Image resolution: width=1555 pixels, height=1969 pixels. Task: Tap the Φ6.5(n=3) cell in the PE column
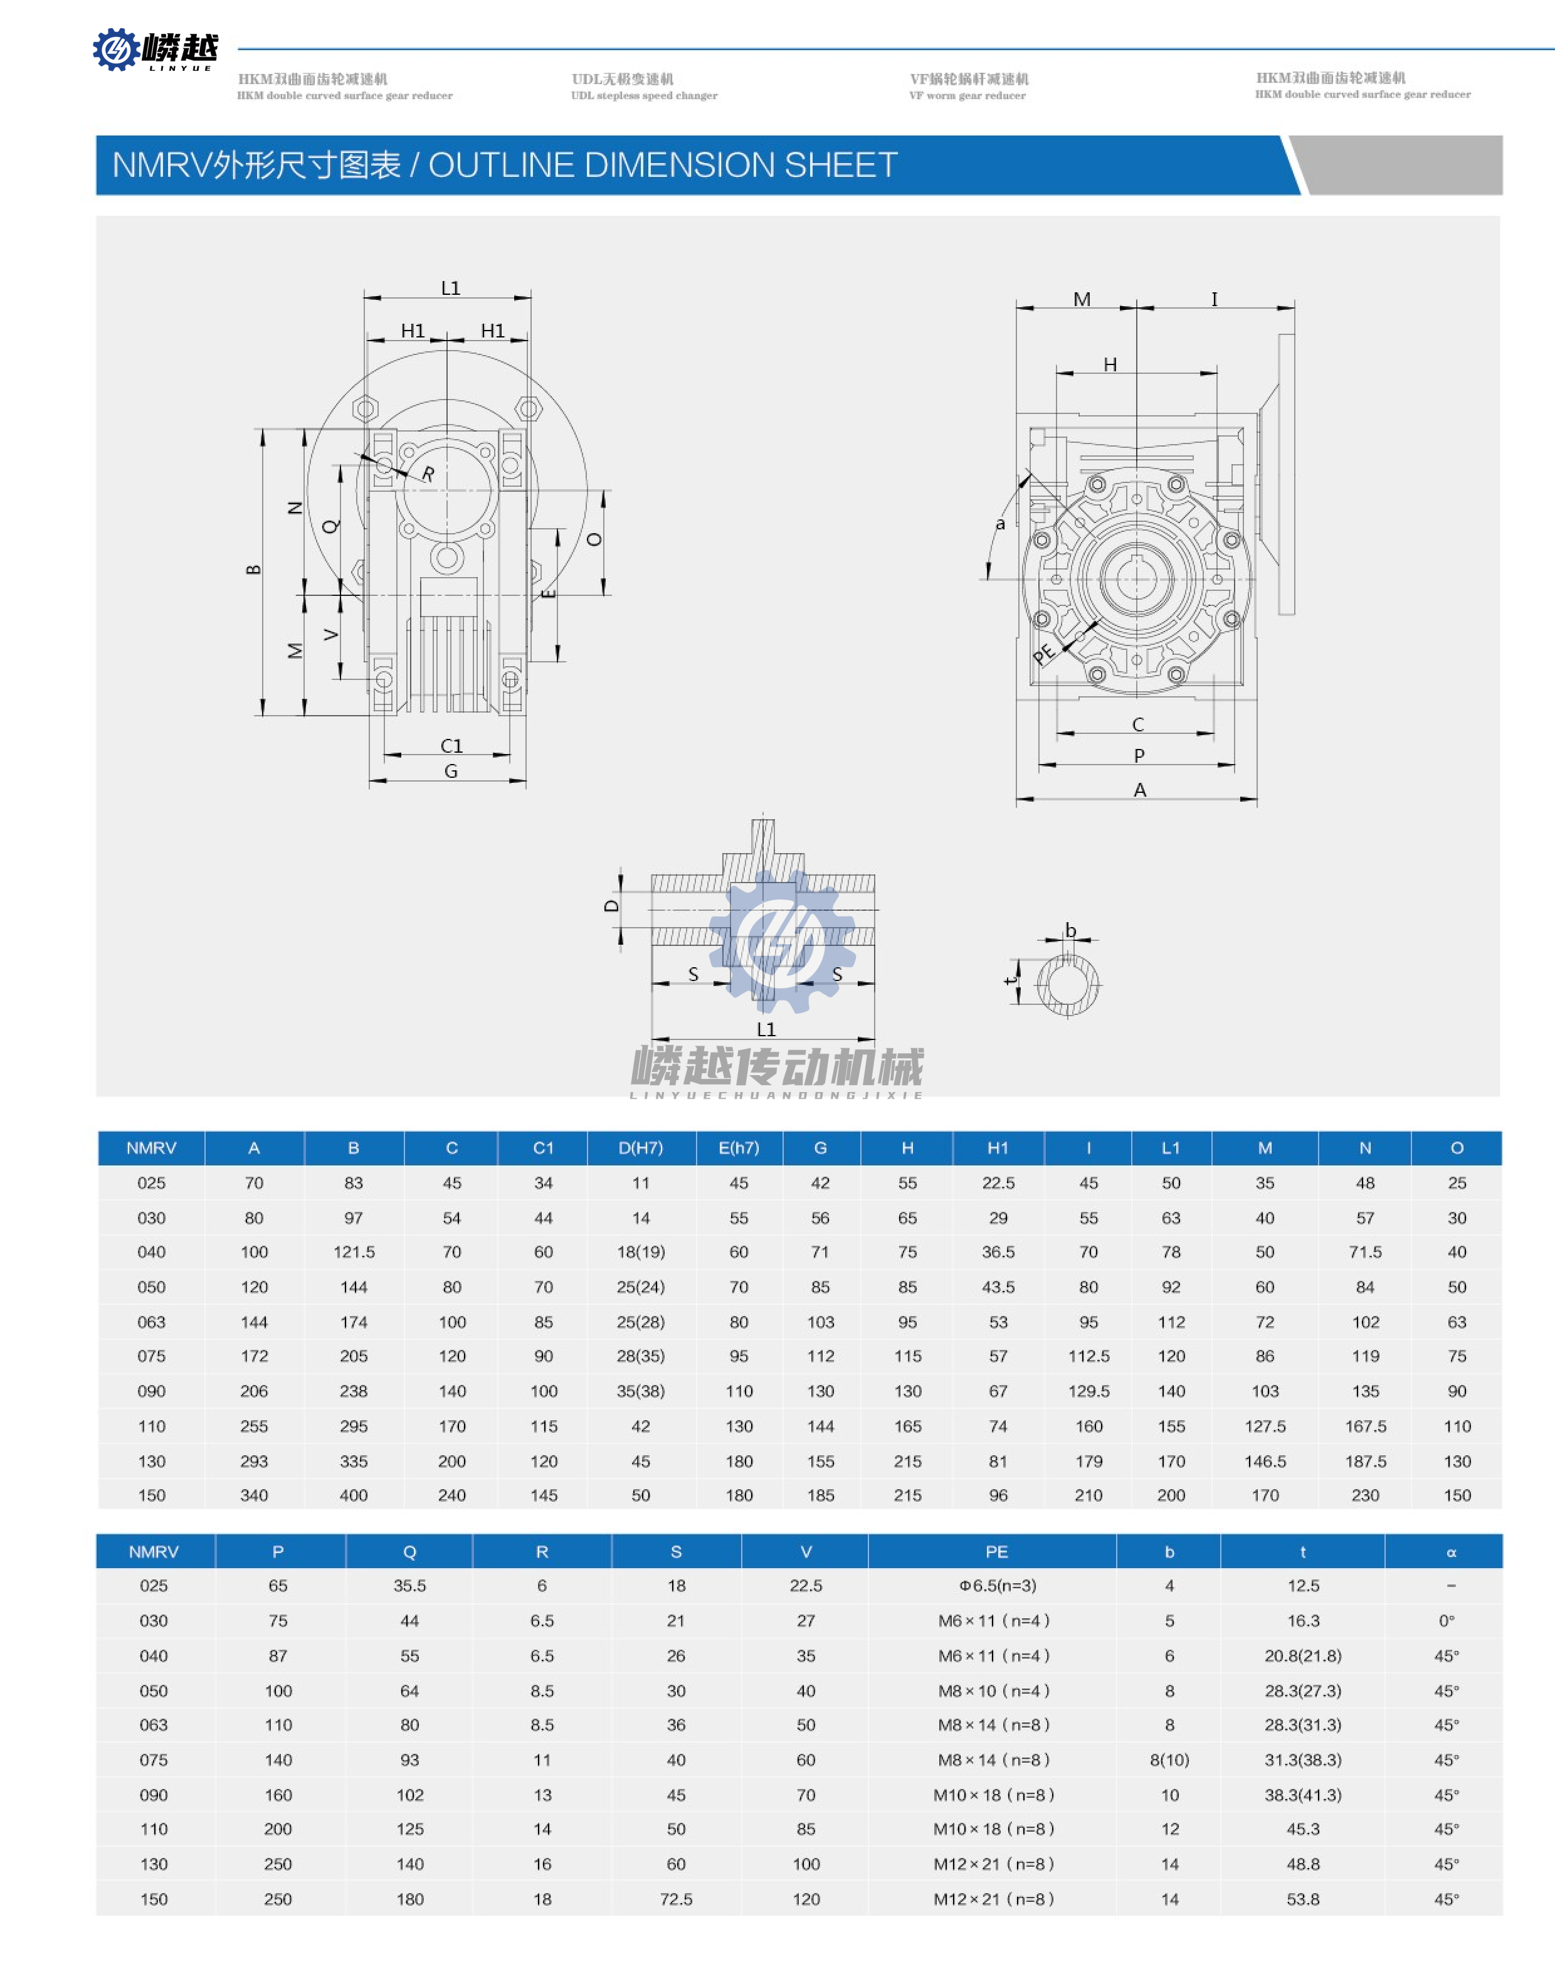click(x=997, y=1586)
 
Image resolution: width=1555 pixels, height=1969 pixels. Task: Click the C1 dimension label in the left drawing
click(x=451, y=745)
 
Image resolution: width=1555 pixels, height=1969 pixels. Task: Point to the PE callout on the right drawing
click(x=1043, y=652)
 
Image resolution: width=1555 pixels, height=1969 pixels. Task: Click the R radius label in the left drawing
click(x=427, y=474)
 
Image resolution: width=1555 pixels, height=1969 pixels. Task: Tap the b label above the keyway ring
click(x=1071, y=930)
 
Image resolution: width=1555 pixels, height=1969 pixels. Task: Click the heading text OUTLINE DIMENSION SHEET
click(x=663, y=165)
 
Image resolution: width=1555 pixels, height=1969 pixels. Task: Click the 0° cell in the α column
click(x=1446, y=1620)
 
